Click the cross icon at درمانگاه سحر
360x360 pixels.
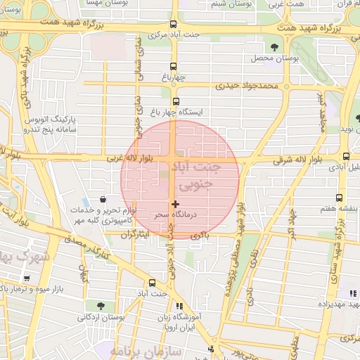tap(175, 204)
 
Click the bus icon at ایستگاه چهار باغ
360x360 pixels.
tap(174, 102)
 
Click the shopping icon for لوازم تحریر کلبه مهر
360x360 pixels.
tap(104, 200)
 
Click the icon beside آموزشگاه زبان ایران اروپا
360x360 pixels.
tap(179, 306)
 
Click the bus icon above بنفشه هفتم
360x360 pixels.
tap(340, 198)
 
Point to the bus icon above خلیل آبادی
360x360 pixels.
tap(346, 156)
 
